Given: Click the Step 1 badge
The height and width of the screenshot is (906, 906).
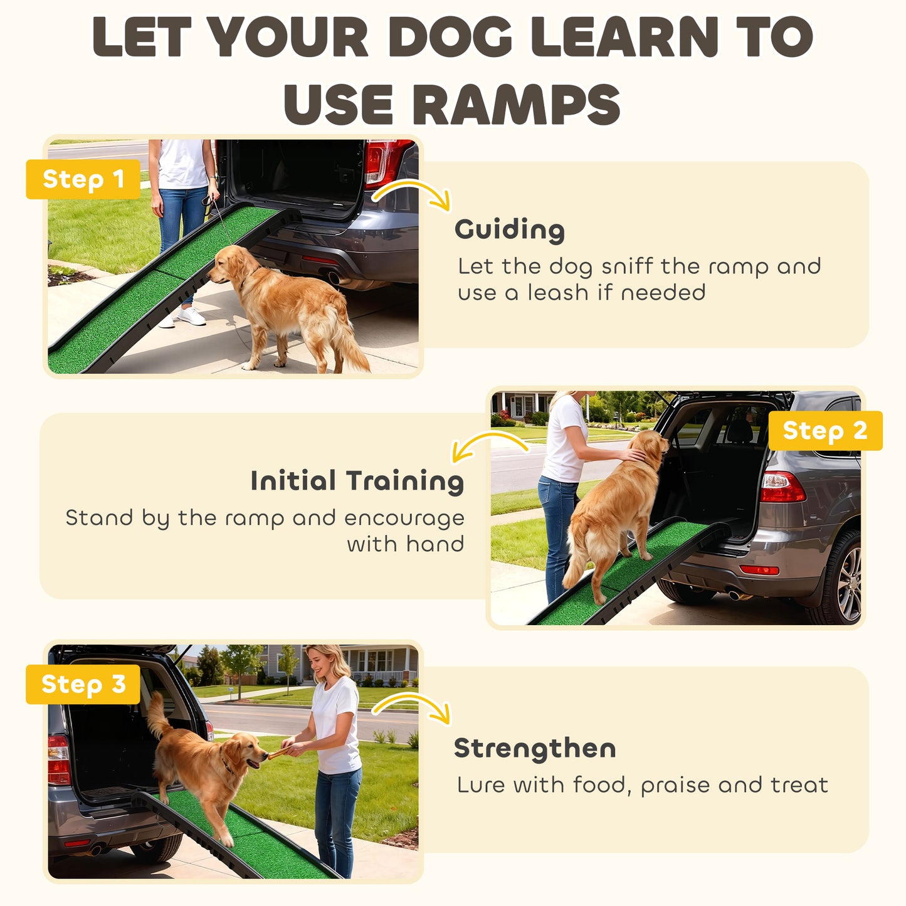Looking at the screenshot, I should point(83,179).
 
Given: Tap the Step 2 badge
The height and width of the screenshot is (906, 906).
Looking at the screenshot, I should point(824,431).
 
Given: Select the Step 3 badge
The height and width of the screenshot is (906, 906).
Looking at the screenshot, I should point(83,684).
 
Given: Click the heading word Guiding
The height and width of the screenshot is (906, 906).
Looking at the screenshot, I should point(509,230).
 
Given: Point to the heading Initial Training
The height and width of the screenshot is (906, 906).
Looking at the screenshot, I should point(357,481).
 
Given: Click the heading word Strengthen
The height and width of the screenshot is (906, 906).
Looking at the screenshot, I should point(534,748).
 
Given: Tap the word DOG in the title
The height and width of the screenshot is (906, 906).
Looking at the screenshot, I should point(450,38).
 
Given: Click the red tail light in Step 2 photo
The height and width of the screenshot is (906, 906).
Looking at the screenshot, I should point(782,487).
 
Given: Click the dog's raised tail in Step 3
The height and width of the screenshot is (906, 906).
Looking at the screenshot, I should point(156,715).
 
